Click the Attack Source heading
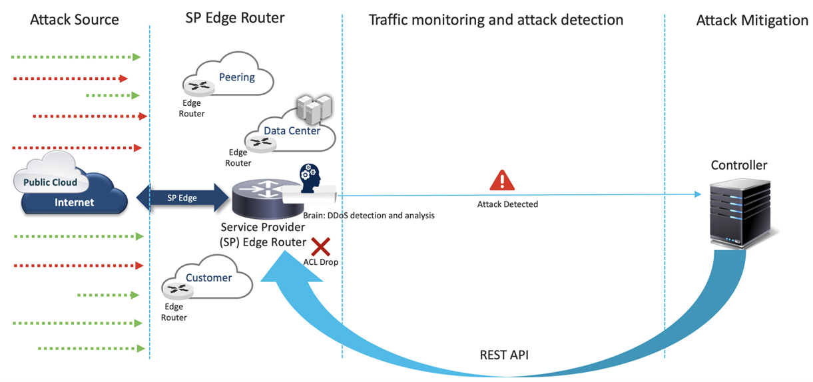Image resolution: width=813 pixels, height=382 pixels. [75, 19]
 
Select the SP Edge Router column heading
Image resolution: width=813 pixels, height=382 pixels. [234, 18]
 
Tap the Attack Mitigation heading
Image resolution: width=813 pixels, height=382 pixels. [752, 20]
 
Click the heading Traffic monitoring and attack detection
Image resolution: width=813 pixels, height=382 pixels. [496, 19]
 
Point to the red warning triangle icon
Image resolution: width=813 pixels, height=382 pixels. [502, 180]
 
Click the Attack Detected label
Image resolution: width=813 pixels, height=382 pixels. [507, 204]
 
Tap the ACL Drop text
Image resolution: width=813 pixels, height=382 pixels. [320, 262]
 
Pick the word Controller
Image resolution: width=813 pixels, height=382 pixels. [739, 165]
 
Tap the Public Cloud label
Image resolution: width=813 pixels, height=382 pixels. [51, 182]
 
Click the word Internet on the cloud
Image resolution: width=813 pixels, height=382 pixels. [75, 202]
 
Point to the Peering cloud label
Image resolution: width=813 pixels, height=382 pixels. [237, 77]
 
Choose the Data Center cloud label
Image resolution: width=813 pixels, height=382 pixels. [292, 130]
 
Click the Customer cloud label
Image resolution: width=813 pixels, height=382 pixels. [208, 278]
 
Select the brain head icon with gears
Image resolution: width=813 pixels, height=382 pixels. [310, 176]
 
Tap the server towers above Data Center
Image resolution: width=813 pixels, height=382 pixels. [314, 108]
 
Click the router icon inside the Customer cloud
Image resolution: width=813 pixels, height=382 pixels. [178, 289]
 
